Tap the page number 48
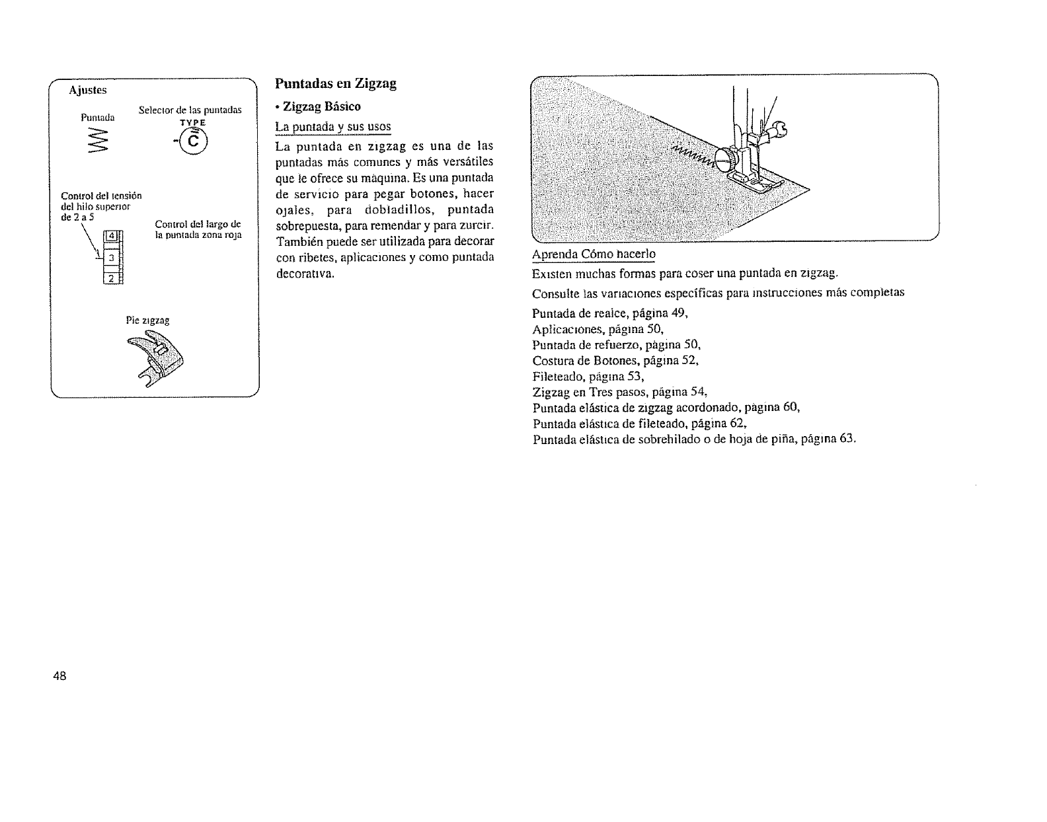click(x=60, y=676)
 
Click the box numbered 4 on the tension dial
click(x=112, y=237)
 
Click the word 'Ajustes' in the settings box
click(x=88, y=90)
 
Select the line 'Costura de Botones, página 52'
click(x=615, y=361)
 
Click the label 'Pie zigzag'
click(x=147, y=320)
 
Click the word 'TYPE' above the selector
click(x=194, y=123)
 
